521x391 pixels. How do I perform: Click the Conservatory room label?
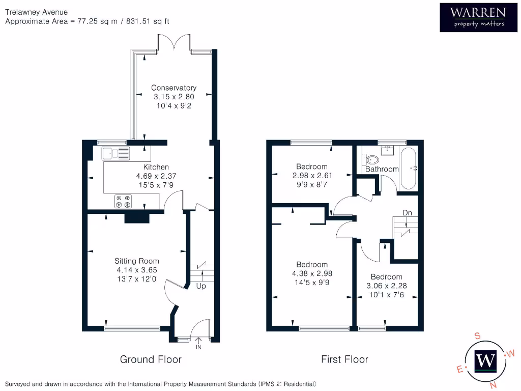pos(174,88)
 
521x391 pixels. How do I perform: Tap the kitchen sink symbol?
pos(115,153)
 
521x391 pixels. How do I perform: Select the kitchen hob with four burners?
pos(123,202)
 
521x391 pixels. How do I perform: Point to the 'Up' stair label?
pos(201,286)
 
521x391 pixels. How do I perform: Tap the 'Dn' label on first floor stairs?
pos(407,212)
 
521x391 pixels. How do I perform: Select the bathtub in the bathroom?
pos(409,168)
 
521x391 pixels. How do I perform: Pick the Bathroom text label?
pos(382,169)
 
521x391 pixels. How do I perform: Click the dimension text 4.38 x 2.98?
pos(312,273)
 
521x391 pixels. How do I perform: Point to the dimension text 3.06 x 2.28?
pos(387,286)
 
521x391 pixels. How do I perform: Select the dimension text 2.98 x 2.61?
pos(312,175)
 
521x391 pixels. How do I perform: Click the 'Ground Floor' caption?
pos(151,359)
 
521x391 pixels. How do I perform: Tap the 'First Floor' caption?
pos(344,359)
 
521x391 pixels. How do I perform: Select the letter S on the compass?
pos(477,336)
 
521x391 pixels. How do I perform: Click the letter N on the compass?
pos(493,385)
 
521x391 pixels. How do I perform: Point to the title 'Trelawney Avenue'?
pos(36,12)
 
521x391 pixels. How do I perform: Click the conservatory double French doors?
pos(175,43)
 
